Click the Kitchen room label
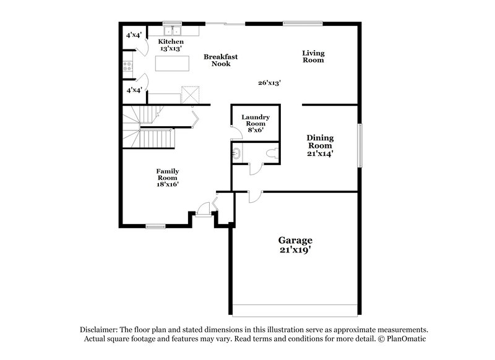point(153,41)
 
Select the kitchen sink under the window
point(171,31)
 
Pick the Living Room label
point(313,57)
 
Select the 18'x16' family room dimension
point(168,184)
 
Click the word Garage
point(295,240)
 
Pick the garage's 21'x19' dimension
point(295,251)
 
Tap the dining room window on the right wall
point(359,144)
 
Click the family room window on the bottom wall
point(155,226)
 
